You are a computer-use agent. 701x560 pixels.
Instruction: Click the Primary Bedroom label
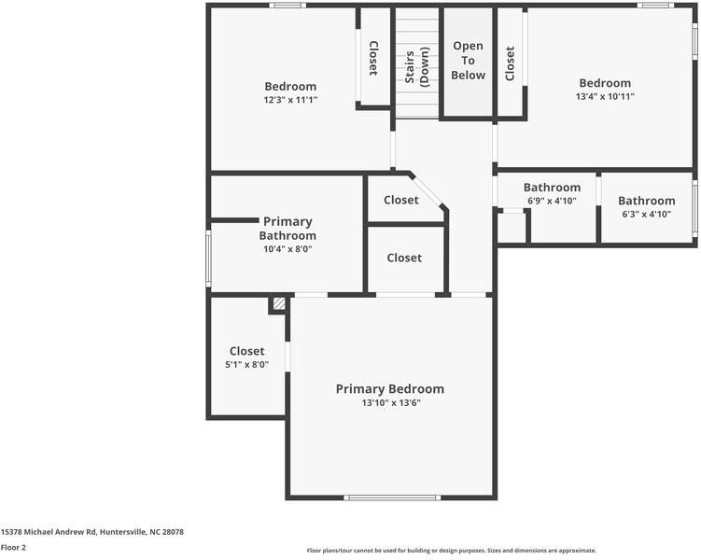(390, 389)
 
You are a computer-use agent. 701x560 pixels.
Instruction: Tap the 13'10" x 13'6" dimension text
(390, 403)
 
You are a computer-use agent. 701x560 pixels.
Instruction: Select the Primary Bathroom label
(287, 229)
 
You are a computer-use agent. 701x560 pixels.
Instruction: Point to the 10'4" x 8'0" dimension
(287, 249)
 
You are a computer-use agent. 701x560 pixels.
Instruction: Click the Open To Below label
(468, 61)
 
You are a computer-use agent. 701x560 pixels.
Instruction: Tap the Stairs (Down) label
(416, 65)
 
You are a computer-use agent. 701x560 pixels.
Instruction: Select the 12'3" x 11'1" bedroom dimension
(290, 100)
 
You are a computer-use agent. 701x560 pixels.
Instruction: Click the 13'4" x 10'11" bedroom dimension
(605, 96)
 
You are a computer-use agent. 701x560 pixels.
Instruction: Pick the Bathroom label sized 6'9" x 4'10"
(552, 188)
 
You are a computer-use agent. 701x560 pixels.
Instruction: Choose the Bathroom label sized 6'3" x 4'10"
(646, 201)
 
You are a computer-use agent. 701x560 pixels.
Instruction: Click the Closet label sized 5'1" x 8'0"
(246, 352)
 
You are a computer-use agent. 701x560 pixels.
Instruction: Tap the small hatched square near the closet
(278, 303)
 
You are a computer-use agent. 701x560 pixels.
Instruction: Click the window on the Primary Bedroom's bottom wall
(392, 497)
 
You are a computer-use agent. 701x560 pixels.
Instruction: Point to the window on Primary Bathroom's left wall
(208, 257)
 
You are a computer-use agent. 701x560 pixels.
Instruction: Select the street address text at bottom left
(91, 532)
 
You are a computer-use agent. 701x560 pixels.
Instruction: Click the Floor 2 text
(13, 548)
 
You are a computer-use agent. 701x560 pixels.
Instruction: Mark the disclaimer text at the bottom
(451, 551)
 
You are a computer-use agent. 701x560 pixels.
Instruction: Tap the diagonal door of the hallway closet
(428, 190)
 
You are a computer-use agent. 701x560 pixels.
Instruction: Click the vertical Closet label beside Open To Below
(510, 63)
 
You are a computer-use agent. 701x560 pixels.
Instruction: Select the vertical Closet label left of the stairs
(373, 58)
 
